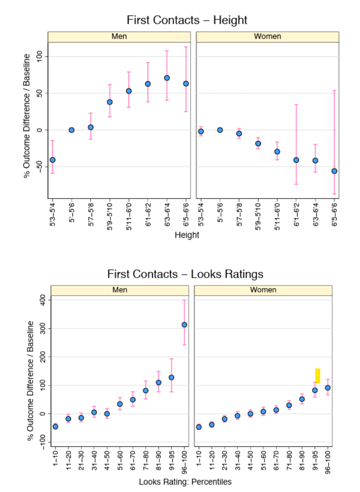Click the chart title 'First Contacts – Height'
pyautogui.click(x=187, y=20)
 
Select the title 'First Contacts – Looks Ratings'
pyautogui.click(x=185, y=274)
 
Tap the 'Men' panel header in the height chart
pyautogui.click(x=119, y=37)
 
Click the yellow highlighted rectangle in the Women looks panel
pyautogui.click(x=317, y=375)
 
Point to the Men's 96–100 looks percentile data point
pyautogui.click(x=184, y=325)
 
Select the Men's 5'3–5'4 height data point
pyautogui.click(x=52, y=160)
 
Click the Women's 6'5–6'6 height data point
pyautogui.click(x=334, y=171)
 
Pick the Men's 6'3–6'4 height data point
pyautogui.click(x=167, y=78)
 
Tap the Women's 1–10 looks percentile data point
pyautogui.click(x=199, y=427)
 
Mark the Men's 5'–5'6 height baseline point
pyautogui.click(x=71, y=130)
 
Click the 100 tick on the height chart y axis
pyautogui.click(x=42, y=56)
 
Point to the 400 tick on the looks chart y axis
pyautogui.click(x=42, y=299)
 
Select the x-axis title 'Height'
pyautogui.click(x=187, y=235)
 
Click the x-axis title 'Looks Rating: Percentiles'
pyautogui.click(x=185, y=482)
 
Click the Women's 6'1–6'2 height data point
pyautogui.click(x=296, y=160)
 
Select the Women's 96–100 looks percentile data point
pyautogui.click(x=327, y=388)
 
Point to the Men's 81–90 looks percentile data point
pyautogui.click(x=158, y=382)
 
